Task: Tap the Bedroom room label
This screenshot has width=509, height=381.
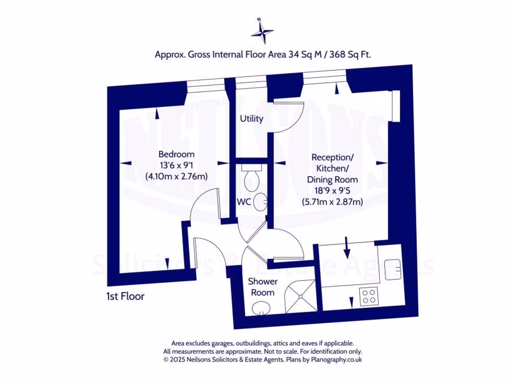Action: pos(176,154)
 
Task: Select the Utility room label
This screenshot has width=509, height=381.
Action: pos(252,119)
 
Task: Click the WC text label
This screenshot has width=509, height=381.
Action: pos(243,202)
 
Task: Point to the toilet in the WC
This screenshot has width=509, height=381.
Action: pos(251,178)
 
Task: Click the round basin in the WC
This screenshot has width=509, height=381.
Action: pos(261,201)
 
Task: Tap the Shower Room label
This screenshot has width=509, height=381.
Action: pos(263,287)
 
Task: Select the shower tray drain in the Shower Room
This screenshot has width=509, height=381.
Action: pos(301,296)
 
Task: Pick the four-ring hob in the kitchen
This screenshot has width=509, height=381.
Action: pos(369,296)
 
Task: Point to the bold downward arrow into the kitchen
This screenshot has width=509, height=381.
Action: pos(347,247)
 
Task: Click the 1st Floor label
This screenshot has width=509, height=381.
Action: pos(125,297)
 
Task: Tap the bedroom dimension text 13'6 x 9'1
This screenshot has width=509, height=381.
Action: pos(176,165)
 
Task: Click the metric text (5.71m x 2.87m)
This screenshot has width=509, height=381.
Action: pos(332,202)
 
